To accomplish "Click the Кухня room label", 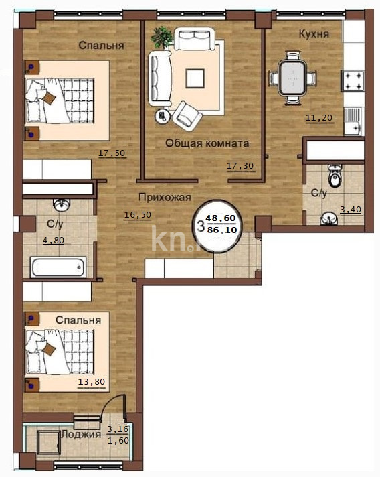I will (314, 33).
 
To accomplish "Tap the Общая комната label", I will (207, 143).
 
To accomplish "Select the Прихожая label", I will (165, 197).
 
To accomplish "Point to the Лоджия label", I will (81, 434).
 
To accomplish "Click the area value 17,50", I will (112, 153).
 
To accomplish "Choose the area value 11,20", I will (318, 119).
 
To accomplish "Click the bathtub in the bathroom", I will (58, 267).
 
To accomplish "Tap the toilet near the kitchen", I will (334, 177).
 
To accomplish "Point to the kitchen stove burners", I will (353, 81).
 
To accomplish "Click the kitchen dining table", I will (292, 78).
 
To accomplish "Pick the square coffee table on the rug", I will (196, 78).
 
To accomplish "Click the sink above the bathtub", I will (61, 204).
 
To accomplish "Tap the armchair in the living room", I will (187, 115).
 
